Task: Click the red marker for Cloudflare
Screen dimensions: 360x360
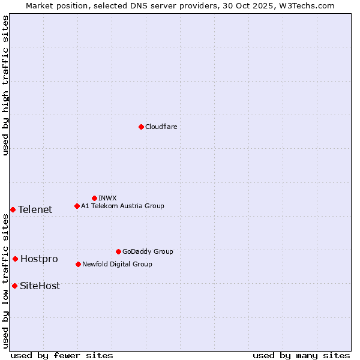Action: click(141, 127)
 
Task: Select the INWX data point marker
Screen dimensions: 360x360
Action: click(94, 198)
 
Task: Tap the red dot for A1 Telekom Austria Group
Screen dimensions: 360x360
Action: click(77, 206)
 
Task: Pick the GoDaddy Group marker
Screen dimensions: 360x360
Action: click(118, 251)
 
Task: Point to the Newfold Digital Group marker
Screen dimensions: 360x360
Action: click(78, 264)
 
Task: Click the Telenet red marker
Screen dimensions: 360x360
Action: click(13, 209)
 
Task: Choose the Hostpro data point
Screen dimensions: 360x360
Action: click(15, 259)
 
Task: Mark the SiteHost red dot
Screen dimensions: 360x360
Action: click(14, 286)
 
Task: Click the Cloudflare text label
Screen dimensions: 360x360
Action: click(161, 127)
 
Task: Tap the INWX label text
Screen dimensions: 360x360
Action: click(107, 198)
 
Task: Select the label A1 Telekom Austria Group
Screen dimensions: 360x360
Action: click(122, 206)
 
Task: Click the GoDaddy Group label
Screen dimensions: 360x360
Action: click(148, 251)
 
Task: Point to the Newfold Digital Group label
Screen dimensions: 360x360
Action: click(117, 264)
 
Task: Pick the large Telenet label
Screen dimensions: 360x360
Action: click(35, 209)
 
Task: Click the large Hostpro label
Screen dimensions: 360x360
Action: click(39, 259)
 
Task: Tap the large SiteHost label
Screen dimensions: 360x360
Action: click(40, 286)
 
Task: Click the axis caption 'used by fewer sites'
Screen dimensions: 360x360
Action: click(62, 355)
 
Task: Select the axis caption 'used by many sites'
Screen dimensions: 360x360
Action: click(301, 355)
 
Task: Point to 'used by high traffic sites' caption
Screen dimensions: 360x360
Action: click(5, 85)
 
